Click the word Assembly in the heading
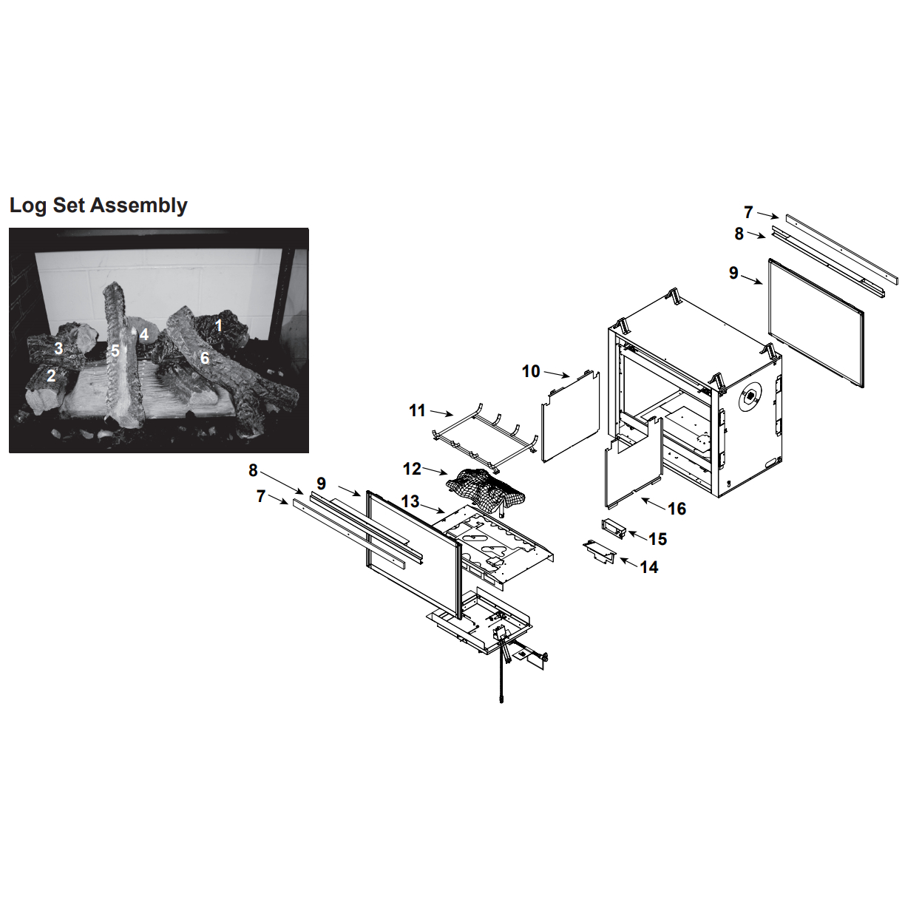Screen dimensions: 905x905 coord(138,206)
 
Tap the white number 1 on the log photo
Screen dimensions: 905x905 coord(218,325)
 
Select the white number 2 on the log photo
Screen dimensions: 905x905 coord(51,376)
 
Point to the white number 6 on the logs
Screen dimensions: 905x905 coord(205,358)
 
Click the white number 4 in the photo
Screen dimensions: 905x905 coord(144,334)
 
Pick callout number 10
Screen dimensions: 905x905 coord(531,371)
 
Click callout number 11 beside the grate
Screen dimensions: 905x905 coord(418,410)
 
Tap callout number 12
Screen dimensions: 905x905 coord(412,469)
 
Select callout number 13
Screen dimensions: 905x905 coord(410,501)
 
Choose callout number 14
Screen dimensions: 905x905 coord(649,567)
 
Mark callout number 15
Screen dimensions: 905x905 coord(658,539)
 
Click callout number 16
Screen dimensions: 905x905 coord(677,508)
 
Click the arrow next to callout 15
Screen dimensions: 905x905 coord(637,534)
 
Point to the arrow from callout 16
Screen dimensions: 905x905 coord(654,504)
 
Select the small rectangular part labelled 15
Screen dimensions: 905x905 coord(614,529)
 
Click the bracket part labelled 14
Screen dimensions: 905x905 coord(600,552)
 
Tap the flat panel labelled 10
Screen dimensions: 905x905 coord(571,416)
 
